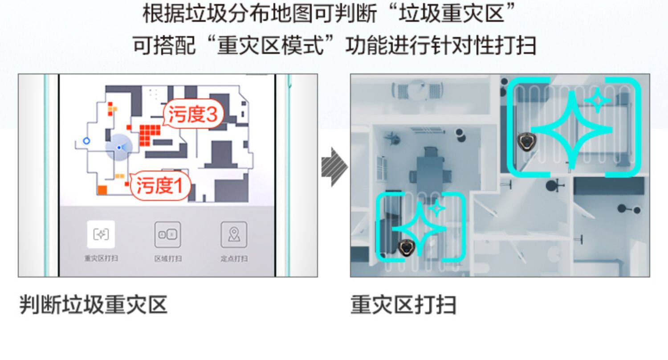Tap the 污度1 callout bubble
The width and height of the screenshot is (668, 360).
tap(160, 185)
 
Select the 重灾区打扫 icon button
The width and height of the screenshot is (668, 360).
tap(101, 234)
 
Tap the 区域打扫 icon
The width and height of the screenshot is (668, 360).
tap(167, 234)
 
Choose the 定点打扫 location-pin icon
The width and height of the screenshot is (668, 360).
tap(234, 234)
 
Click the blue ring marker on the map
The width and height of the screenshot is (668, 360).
tap(87, 141)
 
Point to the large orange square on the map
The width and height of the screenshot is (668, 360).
tap(102, 190)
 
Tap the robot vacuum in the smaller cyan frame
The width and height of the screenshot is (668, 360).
tap(406, 246)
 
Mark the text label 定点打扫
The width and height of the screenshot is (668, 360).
tap(234, 258)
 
